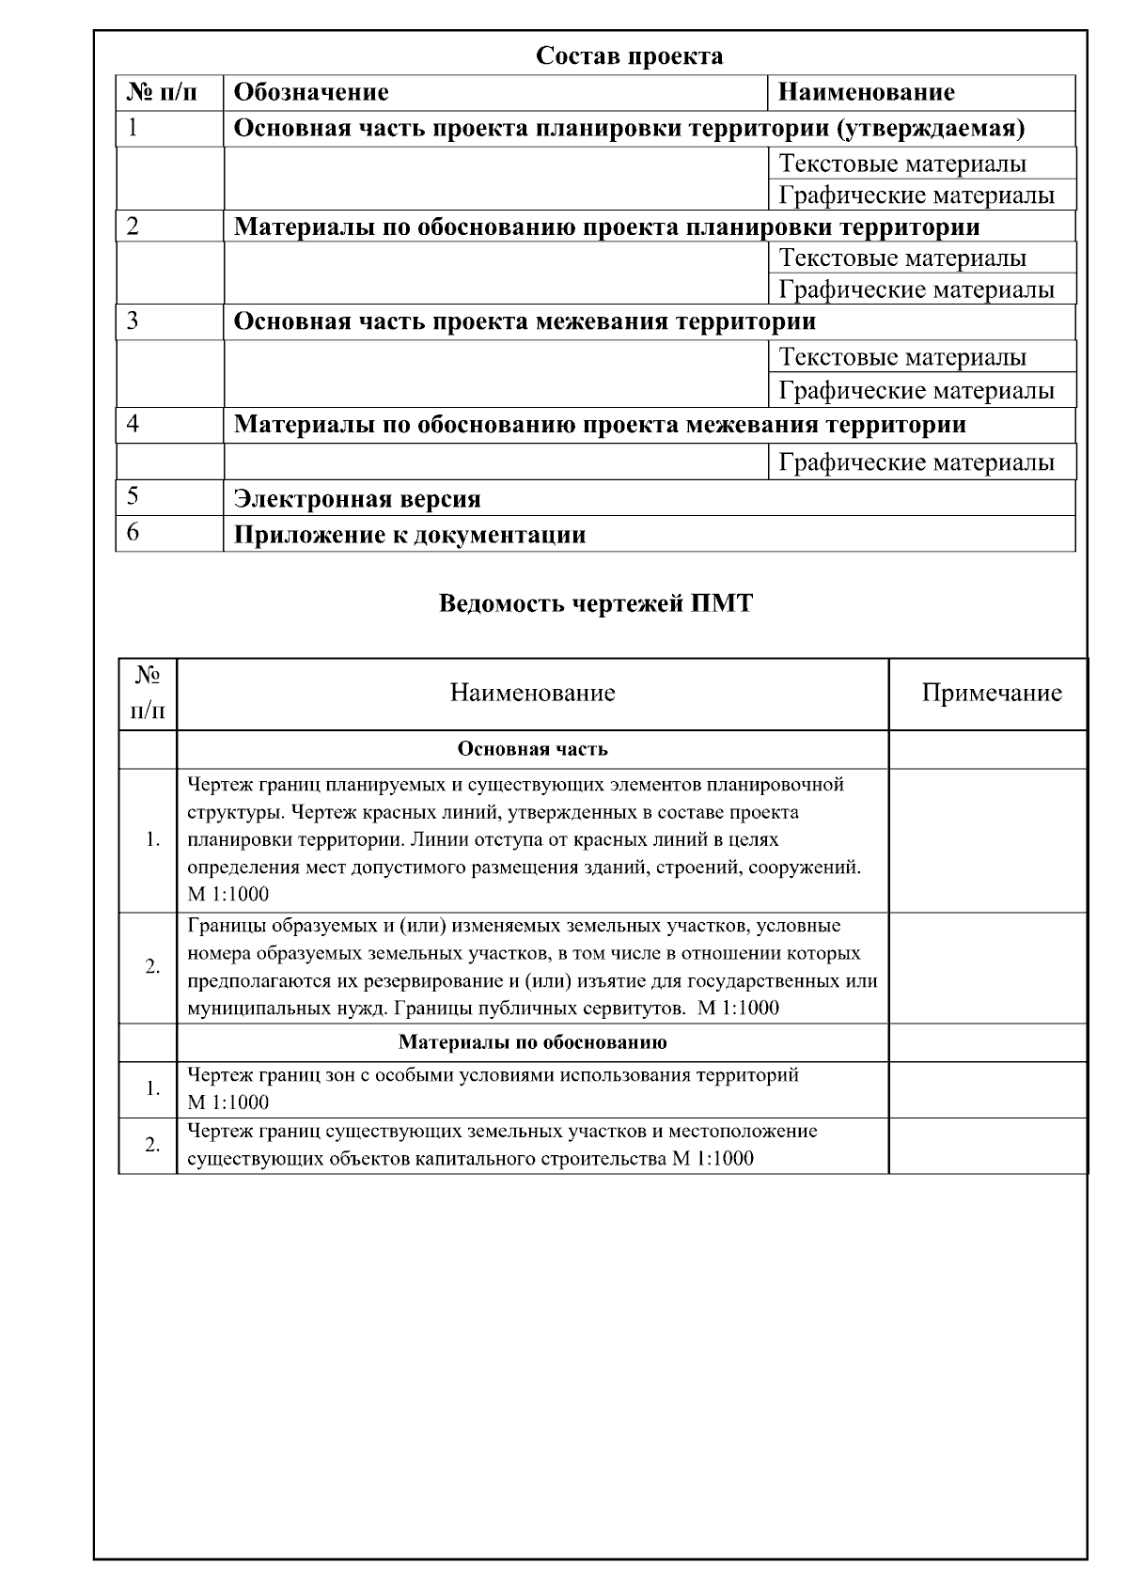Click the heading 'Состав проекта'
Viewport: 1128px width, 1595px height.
(x=629, y=56)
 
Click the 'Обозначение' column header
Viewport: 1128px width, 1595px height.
(x=311, y=92)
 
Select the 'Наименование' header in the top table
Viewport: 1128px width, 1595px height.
(x=866, y=92)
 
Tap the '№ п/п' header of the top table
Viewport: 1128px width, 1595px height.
(x=163, y=92)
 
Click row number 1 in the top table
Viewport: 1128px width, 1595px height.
(x=133, y=128)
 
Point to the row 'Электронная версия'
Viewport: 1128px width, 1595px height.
(x=357, y=499)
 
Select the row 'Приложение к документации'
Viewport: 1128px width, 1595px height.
(x=410, y=535)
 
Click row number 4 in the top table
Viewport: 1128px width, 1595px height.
(x=133, y=424)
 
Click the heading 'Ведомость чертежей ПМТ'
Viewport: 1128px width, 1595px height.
(x=596, y=603)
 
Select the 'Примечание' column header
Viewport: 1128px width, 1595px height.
(x=991, y=693)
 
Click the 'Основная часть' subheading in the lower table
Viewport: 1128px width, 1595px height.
(x=532, y=749)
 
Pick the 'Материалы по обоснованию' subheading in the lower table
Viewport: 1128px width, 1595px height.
(x=532, y=1042)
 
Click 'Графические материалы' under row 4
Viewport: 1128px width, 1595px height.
(x=916, y=462)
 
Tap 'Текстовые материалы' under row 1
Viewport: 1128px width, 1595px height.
(x=902, y=164)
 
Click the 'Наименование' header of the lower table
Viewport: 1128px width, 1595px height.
(x=532, y=693)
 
